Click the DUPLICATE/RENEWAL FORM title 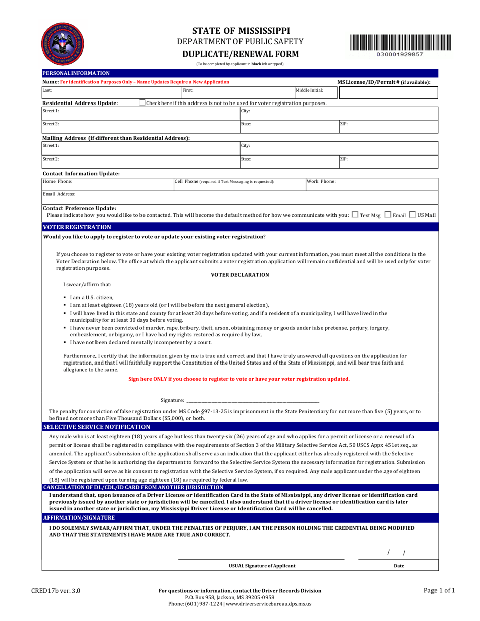(x=240, y=54)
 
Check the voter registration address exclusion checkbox (x=142, y=103)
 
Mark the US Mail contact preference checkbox (x=413, y=215)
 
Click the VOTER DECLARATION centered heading (x=240, y=274)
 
